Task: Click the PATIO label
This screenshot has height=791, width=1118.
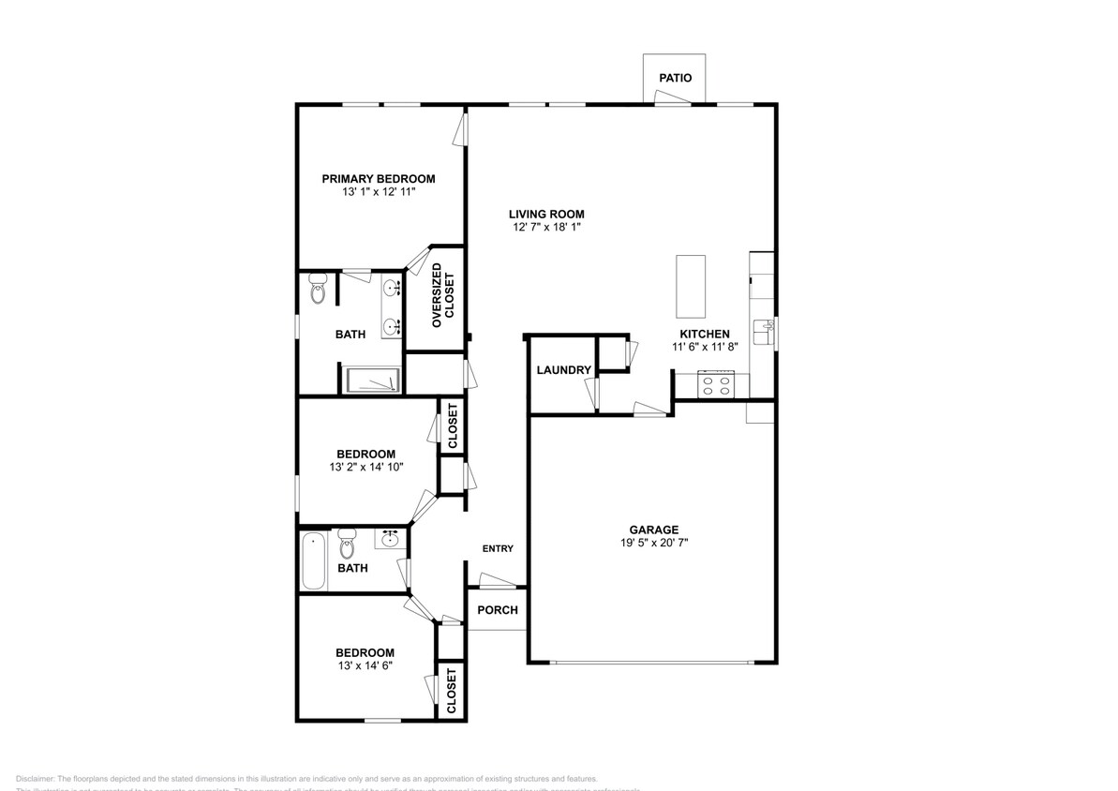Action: tap(675, 78)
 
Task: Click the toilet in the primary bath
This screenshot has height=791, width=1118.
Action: tap(317, 289)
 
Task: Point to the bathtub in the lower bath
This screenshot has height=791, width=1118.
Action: tap(314, 561)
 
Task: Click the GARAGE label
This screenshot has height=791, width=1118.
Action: tap(653, 530)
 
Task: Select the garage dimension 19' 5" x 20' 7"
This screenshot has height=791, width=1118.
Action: tap(653, 543)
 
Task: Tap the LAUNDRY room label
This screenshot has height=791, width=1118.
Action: tap(563, 370)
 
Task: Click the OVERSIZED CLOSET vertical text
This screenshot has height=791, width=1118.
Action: tap(441, 300)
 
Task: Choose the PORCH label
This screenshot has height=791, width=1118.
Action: tap(497, 610)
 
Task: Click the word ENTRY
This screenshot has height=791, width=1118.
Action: tap(498, 549)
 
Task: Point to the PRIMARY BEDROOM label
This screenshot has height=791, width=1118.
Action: tap(379, 179)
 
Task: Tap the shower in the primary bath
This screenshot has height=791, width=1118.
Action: tap(373, 380)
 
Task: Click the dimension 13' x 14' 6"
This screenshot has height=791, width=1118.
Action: tap(365, 665)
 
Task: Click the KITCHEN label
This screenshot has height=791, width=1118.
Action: tap(705, 334)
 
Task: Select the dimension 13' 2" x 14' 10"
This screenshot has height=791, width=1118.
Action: tap(365, 467)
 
